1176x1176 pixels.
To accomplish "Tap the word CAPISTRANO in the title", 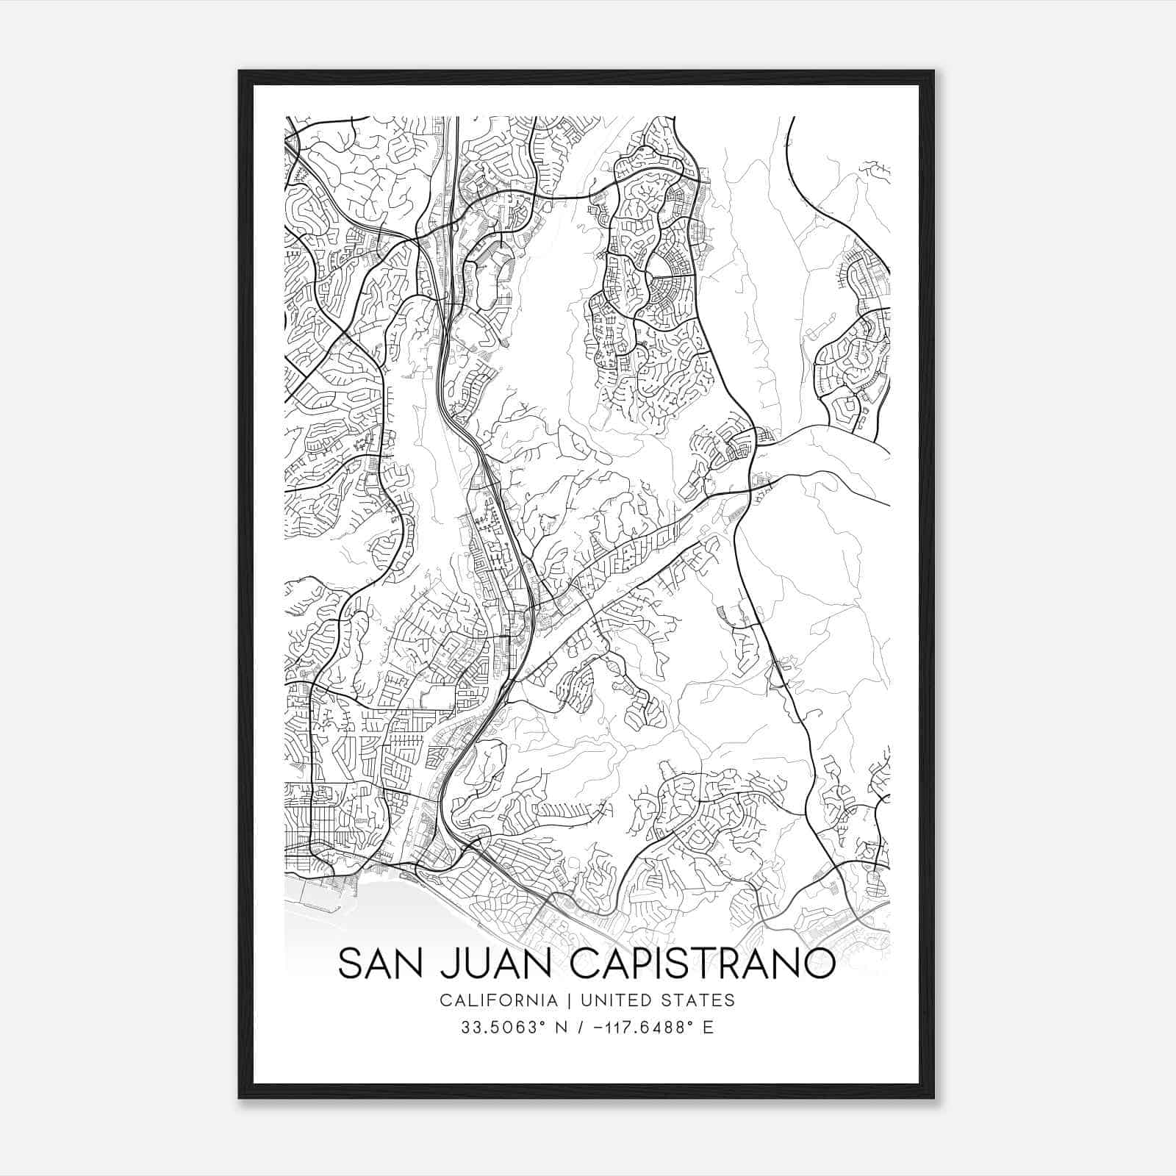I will coord(702,964).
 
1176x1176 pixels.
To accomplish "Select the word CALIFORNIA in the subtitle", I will coord(498,1000).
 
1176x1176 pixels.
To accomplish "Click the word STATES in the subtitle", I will coord(698,1000).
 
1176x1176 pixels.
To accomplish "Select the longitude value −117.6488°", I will coord(639,1028).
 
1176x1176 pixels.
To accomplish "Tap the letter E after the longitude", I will coord(709,1028).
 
